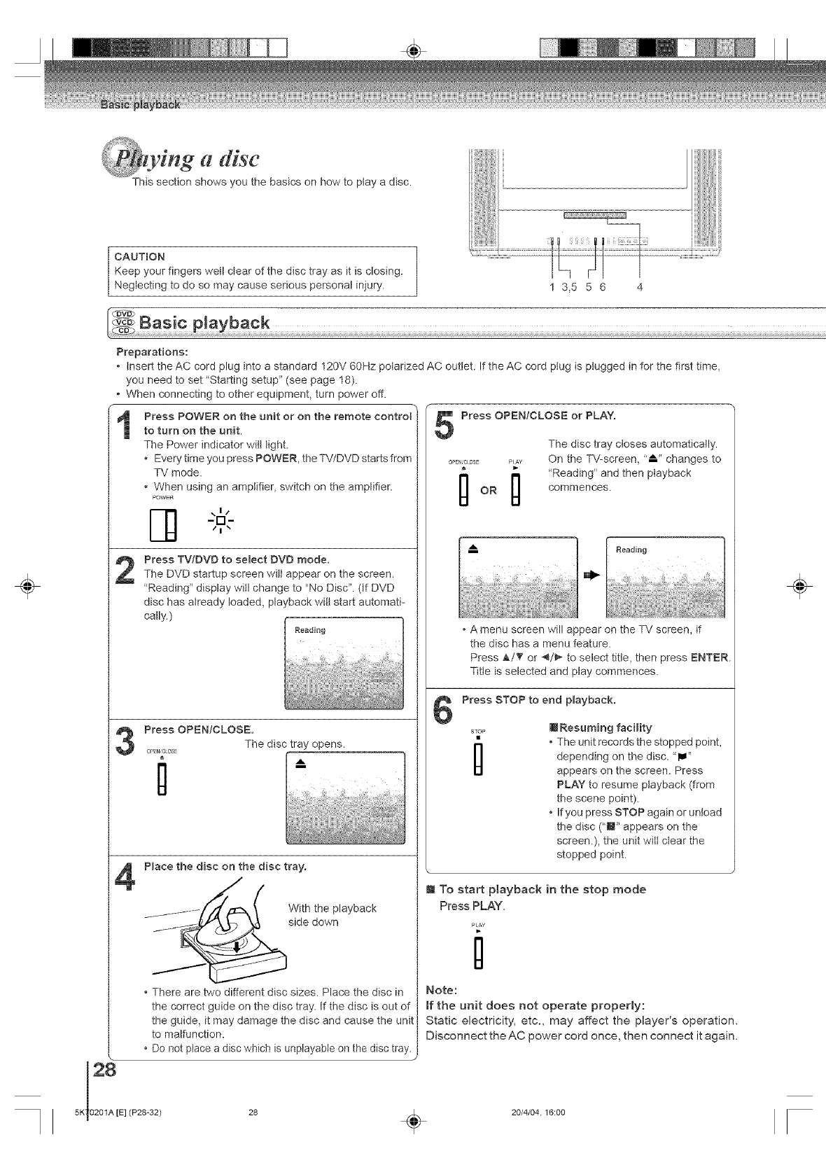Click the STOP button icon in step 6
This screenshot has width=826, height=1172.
click(x=479, y=758)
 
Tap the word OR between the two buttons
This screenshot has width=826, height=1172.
click(x=488, y=491)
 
